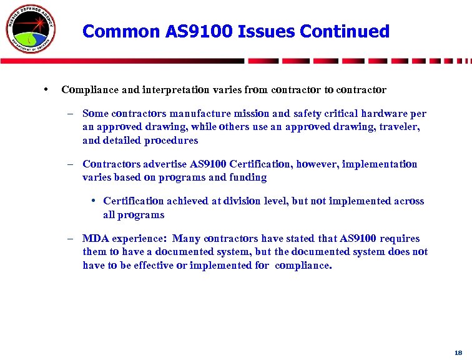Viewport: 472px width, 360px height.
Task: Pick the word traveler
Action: point(400,127)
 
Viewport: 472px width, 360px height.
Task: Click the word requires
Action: point(399,239)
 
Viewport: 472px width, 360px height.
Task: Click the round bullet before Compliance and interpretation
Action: point(47,90)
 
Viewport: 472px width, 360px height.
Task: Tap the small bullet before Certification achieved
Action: point(92,201)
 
